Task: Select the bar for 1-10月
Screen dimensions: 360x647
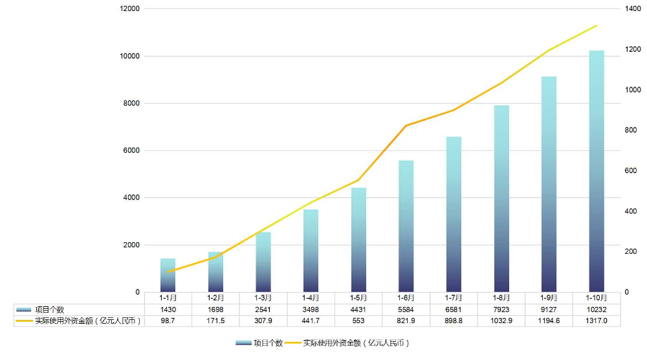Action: click(597, 171)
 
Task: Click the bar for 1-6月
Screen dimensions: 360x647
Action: click(406, 226)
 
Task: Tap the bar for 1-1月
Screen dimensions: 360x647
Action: click(168, 275)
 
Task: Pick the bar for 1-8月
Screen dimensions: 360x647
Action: click(501, 198)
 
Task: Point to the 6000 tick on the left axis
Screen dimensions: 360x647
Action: click(132, 151)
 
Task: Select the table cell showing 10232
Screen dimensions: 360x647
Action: click(597, 309)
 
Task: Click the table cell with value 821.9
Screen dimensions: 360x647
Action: click(406, 321)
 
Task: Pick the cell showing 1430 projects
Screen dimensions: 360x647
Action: click(168, 309)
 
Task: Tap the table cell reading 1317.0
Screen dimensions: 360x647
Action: click(597, 321)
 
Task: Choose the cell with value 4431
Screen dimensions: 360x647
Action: click(358, 309)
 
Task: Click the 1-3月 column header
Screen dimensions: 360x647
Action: click(263, 298)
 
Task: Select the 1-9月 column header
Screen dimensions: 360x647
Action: click(549, 298)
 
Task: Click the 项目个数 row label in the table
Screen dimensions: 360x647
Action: click(49, 309)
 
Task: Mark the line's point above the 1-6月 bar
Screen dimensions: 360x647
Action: click(406, 126)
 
